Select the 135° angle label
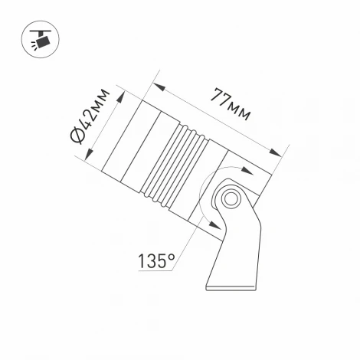click(155, 260)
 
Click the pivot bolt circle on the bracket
click(229, 199)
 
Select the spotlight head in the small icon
click(43, 38)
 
